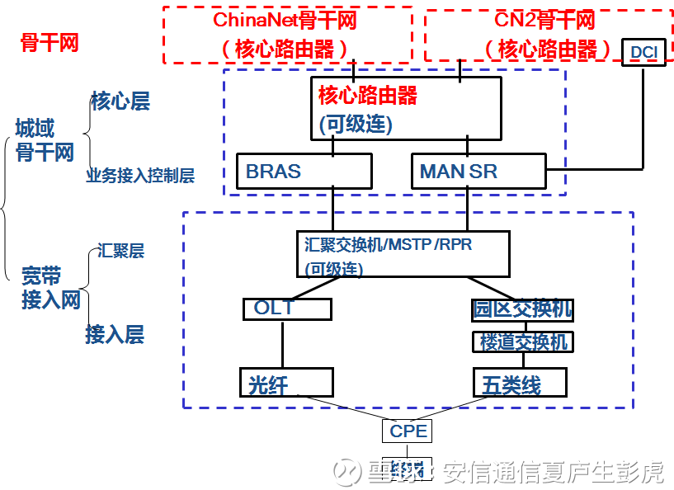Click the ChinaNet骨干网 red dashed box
(x=287, y=35)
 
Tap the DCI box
(x=643, y=52)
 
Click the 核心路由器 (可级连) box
(x=406, y=108)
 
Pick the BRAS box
(x=304, y=171)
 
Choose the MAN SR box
(x=478, y=171)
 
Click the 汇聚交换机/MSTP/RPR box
(x=403, y=254)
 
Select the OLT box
(x=287, y=309)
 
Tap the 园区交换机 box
(x=522, y=309)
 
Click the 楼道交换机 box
(x=522, y=341)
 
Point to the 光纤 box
(x=286, y=383)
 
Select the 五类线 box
(x=521, y=383)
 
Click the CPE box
(x=408, y=430)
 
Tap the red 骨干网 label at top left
(x=49, y=43)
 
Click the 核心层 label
(x=120, y=101)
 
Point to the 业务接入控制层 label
(x=140, y=176)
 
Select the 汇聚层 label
(x=120, y=250)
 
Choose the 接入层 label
(x=115, y=334)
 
